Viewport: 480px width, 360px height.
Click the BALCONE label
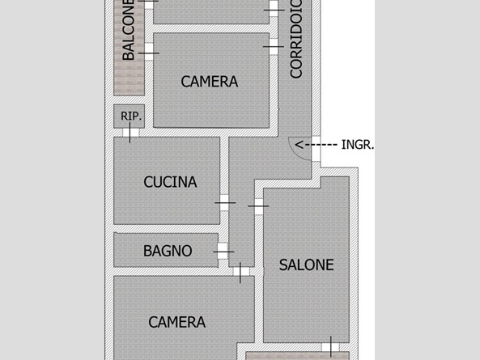click(129, 30)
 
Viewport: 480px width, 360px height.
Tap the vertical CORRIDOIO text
click(296, 39)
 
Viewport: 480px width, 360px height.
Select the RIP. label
click(131, 116)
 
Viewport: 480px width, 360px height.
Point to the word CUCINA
click(170, 182)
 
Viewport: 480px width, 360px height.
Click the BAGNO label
click(168, 251)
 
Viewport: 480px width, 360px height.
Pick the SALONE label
click(307, 265)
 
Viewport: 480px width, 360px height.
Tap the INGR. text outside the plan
click(358, 145)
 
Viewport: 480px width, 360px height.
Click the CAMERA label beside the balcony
click(210, 82)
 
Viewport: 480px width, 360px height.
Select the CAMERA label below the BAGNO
click(177, 322)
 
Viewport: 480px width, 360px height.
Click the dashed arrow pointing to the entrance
click(316, 145)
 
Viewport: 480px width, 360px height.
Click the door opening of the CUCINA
click(224, 203)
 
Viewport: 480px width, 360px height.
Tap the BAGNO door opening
click(223, 252)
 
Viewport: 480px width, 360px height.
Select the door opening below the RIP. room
click(130, 133)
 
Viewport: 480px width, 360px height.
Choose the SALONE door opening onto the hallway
click(259, 206)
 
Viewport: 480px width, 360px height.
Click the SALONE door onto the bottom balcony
click(330, 347)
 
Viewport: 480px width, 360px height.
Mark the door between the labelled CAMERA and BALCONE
click(149, 52)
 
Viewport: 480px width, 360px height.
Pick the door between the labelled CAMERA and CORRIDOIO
click(274, 47)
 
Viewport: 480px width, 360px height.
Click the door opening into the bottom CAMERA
click(241, 272)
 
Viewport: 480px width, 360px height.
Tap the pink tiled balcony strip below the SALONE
click(298, 356)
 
